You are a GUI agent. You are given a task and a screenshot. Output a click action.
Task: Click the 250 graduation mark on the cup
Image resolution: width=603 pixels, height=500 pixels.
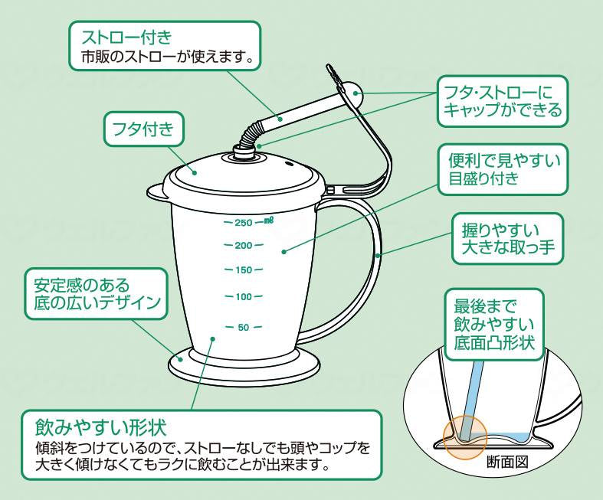[x=243, y=223]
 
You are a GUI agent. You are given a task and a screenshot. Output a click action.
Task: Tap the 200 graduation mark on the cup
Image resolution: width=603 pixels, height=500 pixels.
[x=243, y=246]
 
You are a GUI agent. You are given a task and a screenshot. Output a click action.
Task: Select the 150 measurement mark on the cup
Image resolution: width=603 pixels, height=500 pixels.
[x=243, y=270]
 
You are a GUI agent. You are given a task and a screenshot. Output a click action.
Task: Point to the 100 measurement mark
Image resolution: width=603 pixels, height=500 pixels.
[x=243, y=296]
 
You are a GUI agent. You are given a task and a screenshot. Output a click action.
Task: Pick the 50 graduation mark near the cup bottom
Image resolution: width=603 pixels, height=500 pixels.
[x=243, y=328]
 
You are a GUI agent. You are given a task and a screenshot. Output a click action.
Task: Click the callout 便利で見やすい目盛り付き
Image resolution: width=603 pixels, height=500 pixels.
[x=503, y=170]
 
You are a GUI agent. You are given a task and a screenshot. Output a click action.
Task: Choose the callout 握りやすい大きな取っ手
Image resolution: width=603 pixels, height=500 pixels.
[x=508, y=238]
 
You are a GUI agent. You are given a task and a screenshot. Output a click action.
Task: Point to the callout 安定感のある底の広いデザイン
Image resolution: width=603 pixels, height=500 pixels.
[x=95, y=294]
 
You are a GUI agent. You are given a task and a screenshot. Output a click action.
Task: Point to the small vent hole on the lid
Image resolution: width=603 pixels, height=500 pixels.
[x=290, y=163]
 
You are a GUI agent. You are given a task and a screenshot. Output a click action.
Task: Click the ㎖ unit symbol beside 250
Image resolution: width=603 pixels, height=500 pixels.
[x=268, y=221]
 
